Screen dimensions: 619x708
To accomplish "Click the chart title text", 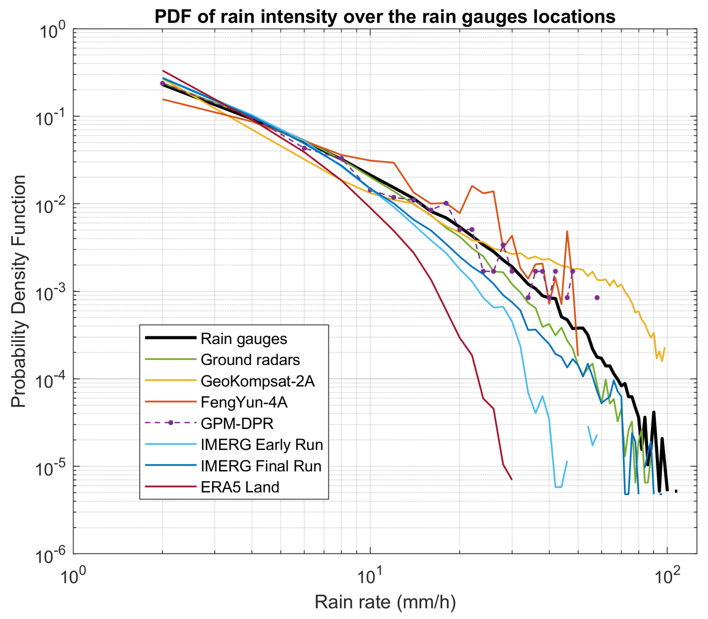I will click(x=385, y=17).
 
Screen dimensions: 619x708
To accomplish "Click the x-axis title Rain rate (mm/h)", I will click(x=385, y=602).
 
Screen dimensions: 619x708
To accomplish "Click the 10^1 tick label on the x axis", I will click(x=370, y=575).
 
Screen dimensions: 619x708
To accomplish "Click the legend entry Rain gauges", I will click(x=243, y=339).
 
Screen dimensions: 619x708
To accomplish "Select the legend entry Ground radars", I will click(x=250, y=360).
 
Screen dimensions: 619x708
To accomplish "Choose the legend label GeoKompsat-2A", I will click(x=257, y=381).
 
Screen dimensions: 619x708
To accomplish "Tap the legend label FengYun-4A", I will click(x=244, y=403).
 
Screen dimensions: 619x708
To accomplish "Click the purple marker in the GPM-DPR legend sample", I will click(x=170, y=423).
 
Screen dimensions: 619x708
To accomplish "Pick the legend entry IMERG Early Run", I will click(x=262, y=445).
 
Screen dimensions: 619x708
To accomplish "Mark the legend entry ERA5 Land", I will click(x=240, y=487).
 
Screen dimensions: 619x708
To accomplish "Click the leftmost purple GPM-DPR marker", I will click(x=163, y=83).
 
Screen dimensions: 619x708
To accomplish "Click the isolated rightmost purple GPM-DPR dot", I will click(x=597, y=298).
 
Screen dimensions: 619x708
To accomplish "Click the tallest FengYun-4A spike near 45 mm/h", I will click(x=567, y=232).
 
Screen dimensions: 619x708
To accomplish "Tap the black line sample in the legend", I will click(x=170, y=338).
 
